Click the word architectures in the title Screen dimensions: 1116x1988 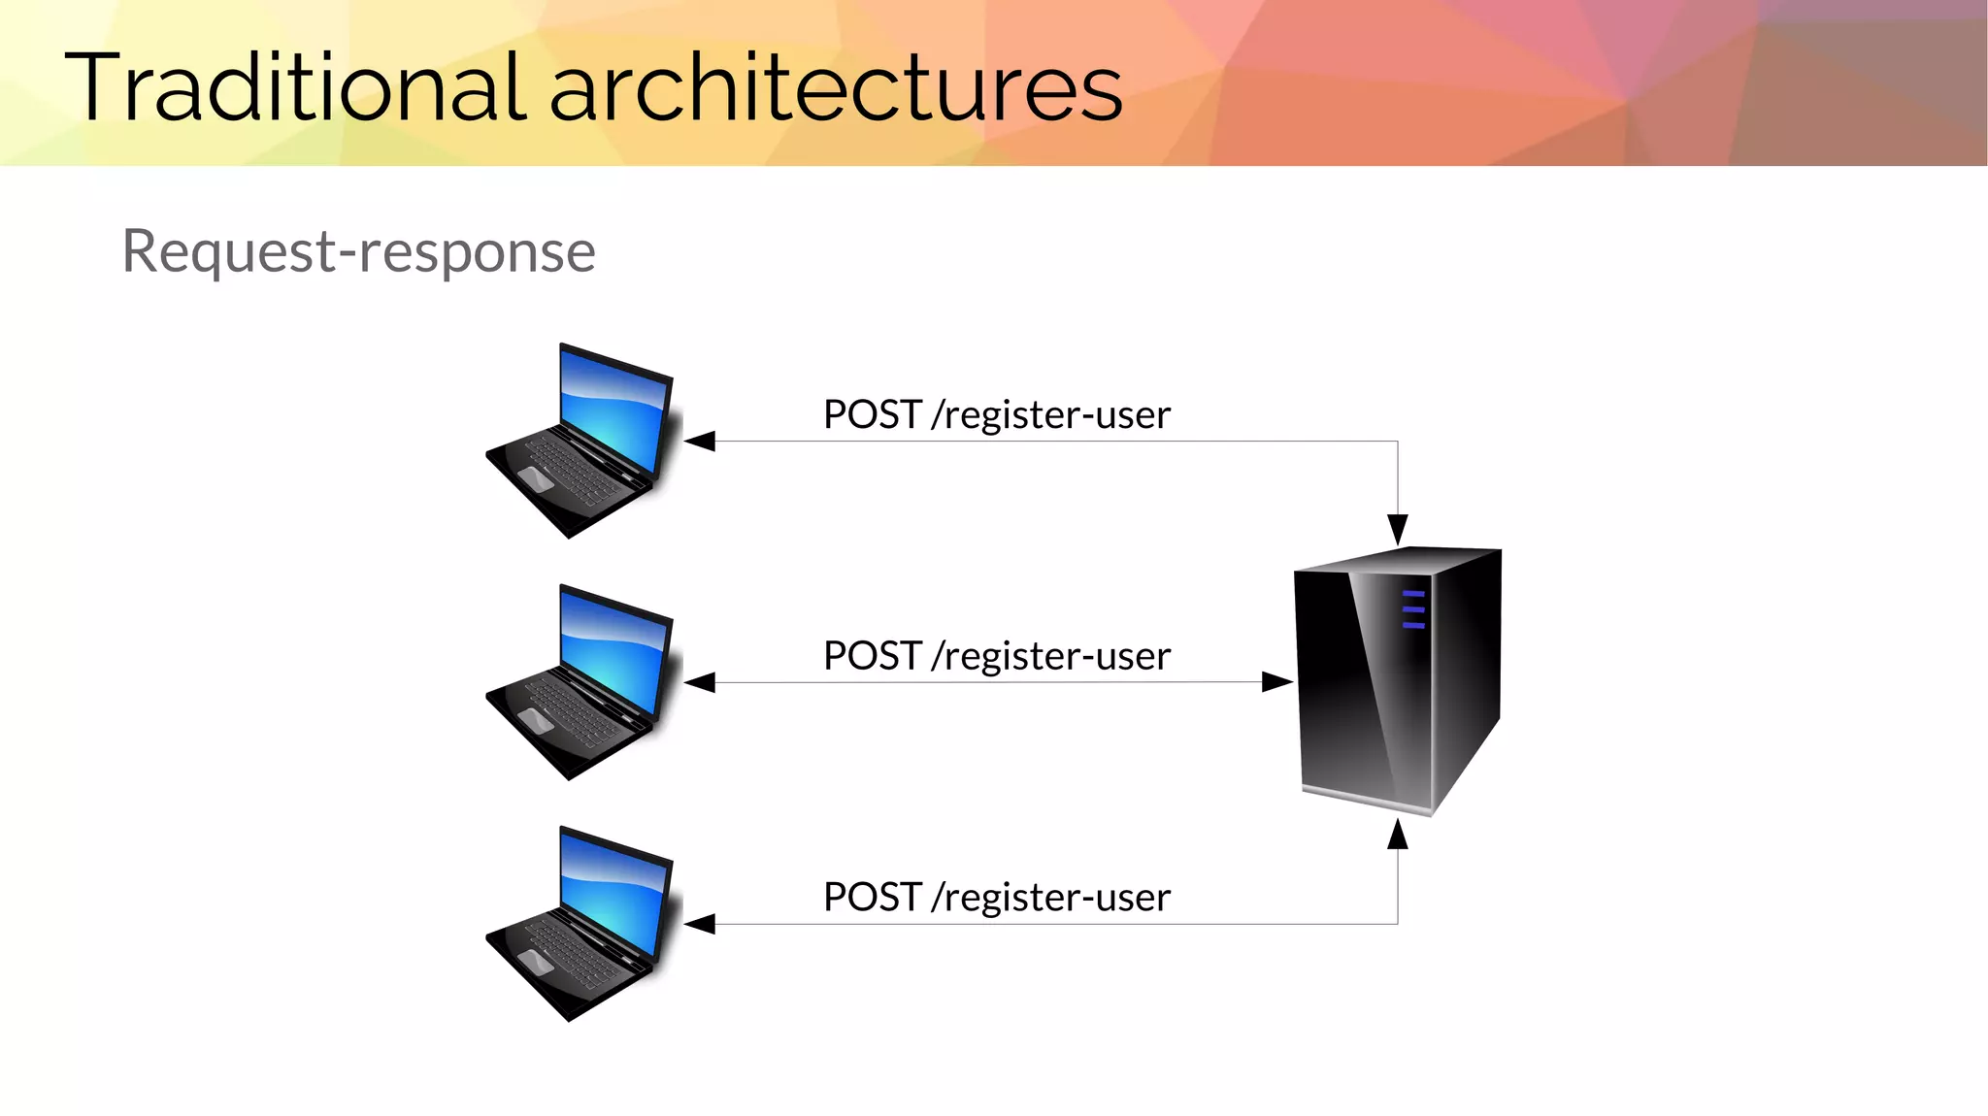point(836,89)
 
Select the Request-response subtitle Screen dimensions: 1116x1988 point(358,251)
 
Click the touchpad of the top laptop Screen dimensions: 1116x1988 point(536,477)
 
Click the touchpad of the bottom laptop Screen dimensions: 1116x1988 point(536,961)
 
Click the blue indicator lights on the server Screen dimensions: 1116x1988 point(1413,609)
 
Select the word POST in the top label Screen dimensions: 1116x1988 point(872,414)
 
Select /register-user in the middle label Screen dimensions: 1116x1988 point(1050,656)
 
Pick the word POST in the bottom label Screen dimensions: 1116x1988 point(872,897)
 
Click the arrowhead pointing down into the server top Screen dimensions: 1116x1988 point(1397,529)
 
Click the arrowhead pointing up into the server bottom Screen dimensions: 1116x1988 point(1397,835)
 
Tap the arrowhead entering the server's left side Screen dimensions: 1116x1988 point(1276,682)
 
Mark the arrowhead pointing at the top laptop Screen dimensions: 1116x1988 point(701,442)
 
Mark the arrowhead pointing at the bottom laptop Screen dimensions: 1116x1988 point(701,924)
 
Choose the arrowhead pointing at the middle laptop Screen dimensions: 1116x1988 point(701,683)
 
